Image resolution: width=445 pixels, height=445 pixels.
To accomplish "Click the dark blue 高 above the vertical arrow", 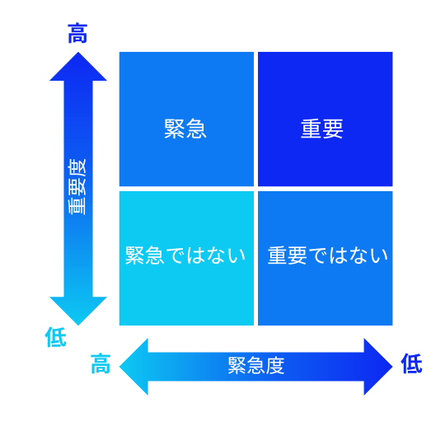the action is [x=77, y=34].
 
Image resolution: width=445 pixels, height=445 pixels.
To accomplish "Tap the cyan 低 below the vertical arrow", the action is [x=56, y=337].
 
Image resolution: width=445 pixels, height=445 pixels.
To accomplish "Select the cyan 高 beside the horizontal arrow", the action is [x=101, y=363].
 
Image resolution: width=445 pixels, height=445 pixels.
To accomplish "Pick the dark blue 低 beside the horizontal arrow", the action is [x=411, y=363].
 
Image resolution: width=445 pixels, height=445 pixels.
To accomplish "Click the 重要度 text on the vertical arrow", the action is [x=77, y=187].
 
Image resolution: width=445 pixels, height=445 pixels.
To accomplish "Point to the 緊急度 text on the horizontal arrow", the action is [x=256, y=366].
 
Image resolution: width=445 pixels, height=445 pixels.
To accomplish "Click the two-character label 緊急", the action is [x=185, y=129].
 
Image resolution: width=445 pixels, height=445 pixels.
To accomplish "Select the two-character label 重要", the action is [x=322, y=129].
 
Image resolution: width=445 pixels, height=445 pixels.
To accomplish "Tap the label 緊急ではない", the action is [x=185, y=255].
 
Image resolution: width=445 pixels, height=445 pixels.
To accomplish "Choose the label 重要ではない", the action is [x=327, y=255].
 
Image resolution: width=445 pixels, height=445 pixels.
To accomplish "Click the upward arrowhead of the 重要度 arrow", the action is [x=78, y=66].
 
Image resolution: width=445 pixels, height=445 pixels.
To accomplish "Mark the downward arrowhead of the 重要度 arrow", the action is [x=78, y=311].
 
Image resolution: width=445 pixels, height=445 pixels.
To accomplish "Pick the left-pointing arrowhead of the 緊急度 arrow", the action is [x=133, y=367].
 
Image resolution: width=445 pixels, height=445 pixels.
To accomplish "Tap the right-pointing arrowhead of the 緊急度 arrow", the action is [x=378, y=367].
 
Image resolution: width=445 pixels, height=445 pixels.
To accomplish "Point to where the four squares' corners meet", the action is [x=255, y=189].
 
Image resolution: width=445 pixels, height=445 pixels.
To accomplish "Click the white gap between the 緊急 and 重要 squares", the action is [x=255, y=119].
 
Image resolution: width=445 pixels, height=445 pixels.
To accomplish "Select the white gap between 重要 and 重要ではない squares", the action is [x=326, y=189].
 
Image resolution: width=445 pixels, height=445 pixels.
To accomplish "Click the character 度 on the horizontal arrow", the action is [x=275, y=366].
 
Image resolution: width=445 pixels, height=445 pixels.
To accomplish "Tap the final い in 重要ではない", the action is [x=379, y=255].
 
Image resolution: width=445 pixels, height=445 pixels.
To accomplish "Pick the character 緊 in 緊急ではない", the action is [x=135, y=255].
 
